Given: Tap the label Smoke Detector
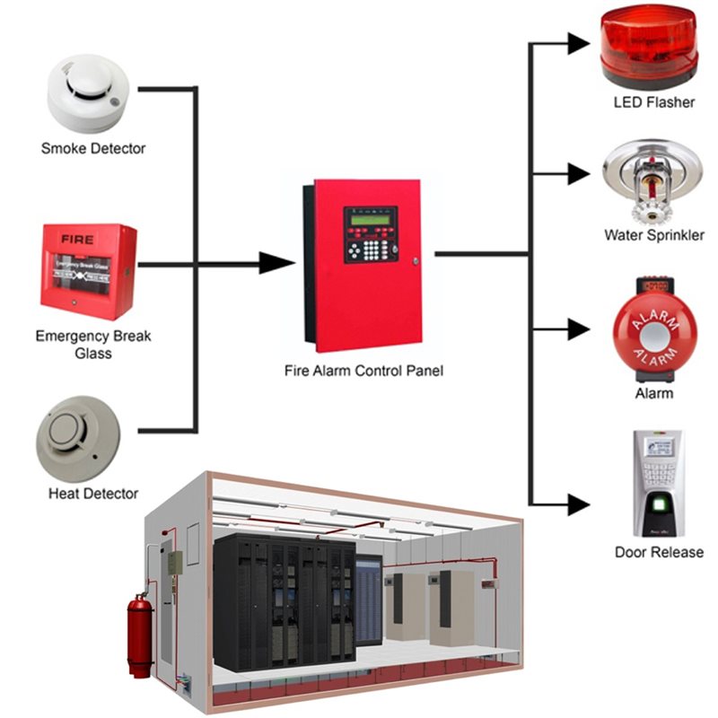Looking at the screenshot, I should coord(92,148).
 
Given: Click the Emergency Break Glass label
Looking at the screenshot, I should coord(93,345).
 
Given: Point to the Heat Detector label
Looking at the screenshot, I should coord(93,494).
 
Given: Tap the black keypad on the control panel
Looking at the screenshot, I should coord(371,247).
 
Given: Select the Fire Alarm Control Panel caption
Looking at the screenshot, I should coord(363,369).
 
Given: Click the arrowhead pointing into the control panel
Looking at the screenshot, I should coord(276,263).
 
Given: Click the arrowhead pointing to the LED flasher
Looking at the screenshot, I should coord(576,41).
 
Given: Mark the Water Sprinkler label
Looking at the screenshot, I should coord(653,236).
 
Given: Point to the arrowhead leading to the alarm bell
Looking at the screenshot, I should coord(576,331).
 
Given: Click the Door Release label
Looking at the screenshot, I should coord(658,552).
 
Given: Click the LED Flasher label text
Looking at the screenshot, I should coord(653,102).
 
